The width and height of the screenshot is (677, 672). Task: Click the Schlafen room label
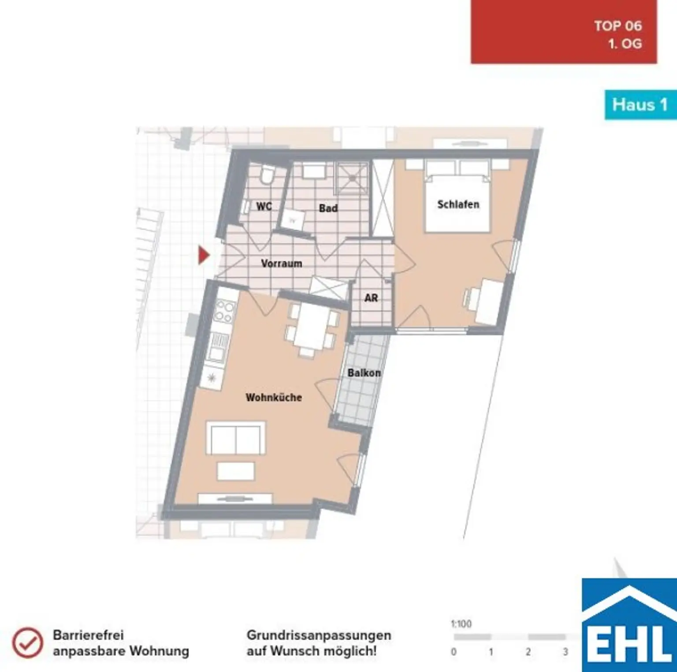(458, 204)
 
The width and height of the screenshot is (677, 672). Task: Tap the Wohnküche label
(274, 397)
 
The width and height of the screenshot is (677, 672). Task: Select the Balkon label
(364, 373)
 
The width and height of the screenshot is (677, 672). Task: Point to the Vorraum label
(281, 263)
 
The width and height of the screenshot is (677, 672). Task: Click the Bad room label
(328, 208)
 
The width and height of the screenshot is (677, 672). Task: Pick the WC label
(264, 206)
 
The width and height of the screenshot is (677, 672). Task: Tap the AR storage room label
(371, 298)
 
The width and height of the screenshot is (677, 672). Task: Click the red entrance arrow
(203, 255)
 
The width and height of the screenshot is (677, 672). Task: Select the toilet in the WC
(266, 175)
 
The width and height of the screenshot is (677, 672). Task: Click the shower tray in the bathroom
(352, 178)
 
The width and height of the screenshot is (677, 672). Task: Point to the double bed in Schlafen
(458, 196)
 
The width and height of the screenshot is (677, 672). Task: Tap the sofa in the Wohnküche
(236, 438)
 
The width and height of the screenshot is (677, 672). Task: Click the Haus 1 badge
(640, 105)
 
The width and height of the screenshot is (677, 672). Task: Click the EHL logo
(629, 625)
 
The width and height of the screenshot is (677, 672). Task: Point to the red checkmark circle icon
(27, 643)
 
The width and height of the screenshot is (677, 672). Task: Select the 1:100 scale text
(461, 624)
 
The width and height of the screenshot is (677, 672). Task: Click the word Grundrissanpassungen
(319, 635)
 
